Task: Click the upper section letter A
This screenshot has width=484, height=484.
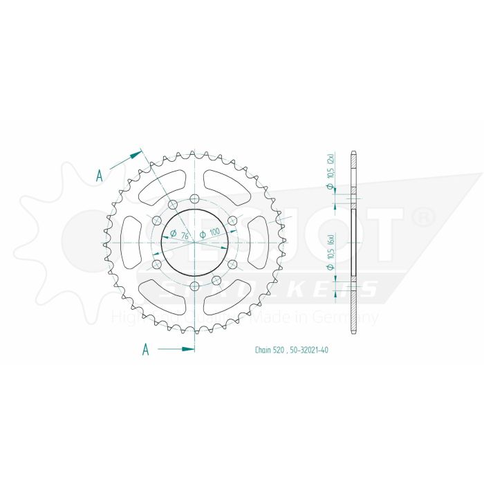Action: [100, 176]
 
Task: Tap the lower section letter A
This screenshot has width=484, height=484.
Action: [145, 350]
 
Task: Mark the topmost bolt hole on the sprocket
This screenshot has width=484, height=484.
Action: [194, 199]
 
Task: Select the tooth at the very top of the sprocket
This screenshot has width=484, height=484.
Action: [194, 151]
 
